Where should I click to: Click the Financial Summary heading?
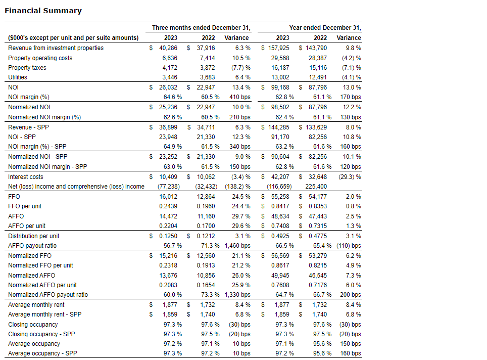[43, 11]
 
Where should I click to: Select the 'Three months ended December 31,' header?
[202, 28]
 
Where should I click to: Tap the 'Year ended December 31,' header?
[325, 28]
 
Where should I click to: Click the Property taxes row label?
[27, 68]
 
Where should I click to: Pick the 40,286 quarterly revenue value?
[168, 48]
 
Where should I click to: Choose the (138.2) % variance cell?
[237, 187]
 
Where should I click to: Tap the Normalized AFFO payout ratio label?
[48, 295]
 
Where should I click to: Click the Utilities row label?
[18, 77]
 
